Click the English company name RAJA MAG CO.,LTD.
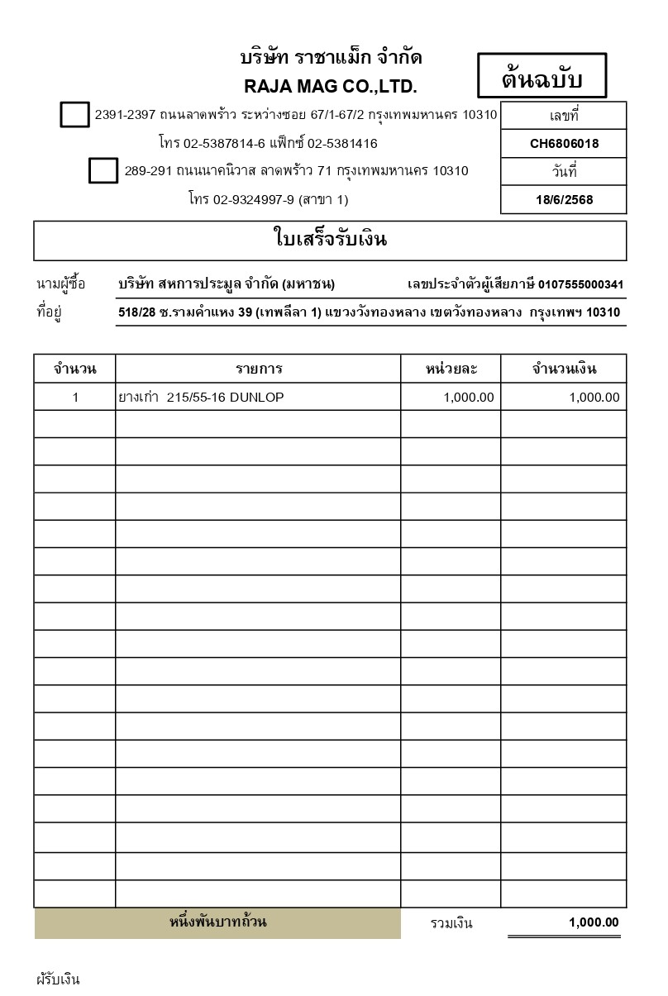click(x=331, y=87)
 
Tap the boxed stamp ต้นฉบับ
click(x=542, y=79)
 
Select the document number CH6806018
click(x=564, y=144)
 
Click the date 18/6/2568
click(x=564, y=200)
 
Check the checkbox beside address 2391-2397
click(x=74, y=115)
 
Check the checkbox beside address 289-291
click(x=103, y=171)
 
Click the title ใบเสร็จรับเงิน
click(x=330, y=241)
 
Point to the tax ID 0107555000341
click(x=580, y=285)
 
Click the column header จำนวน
click(x=74, y=369)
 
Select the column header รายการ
click(x=258, y=369)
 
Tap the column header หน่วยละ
click(x=451, y=369)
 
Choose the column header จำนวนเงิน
click(x=564, y=369)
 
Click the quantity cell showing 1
click(x=75, y=398)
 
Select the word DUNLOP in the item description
click(x=256, y=398)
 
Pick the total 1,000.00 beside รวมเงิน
click(x=594, y=922)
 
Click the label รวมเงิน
click(x=451, y=923)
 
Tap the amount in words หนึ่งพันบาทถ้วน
click(x=217, y=922)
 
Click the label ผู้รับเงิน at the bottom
click(x=58, y=980)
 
